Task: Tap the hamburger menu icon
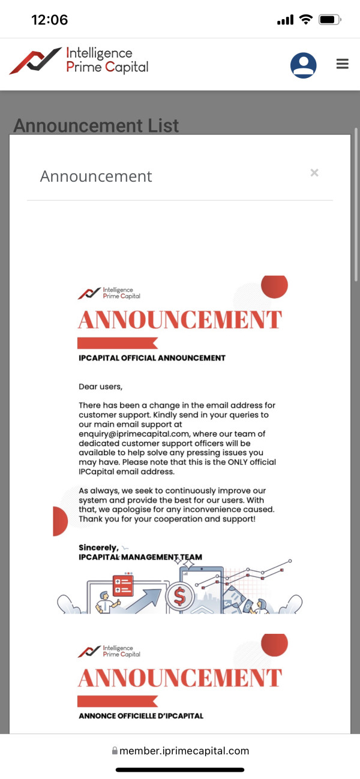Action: (342, 64)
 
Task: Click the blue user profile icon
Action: (304, 65)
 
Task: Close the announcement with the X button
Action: (314, 173)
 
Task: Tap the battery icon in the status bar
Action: (329, 20)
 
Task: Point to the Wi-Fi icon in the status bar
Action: (306, 20)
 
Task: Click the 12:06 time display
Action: (49, 20)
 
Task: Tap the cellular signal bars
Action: (285, 20)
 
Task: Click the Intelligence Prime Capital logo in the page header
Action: (79, 61)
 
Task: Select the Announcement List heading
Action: (96, 126)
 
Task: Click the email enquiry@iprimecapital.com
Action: (134, 434)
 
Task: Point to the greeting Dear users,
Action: (100, 386)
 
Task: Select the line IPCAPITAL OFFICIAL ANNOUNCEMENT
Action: (152, 358)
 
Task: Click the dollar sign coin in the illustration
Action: (179, 596)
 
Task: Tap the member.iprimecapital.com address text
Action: (184, 751)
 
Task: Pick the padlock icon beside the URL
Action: (115, 751)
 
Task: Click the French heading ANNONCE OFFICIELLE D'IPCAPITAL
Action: (141, 715)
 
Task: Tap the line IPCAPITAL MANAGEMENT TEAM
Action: (140, 557)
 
